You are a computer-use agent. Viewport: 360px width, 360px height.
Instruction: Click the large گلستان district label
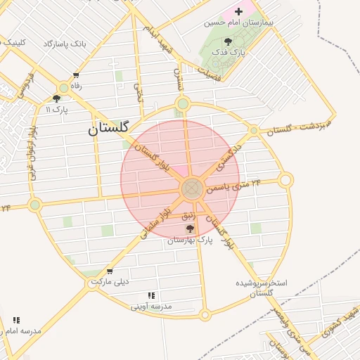pyautogui.click(x=109, y=129)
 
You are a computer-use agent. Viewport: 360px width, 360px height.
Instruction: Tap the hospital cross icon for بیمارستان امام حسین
pyautogui.click(x=239, y=11)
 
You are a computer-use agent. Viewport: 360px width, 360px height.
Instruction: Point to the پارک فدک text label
pyautogui.click(x=229, y=52)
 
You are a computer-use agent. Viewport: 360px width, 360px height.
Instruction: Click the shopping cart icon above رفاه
pyautogui.click(x=76, y=76)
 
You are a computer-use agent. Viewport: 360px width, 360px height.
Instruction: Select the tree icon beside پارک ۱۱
pyautogui.click(x=56, y=99)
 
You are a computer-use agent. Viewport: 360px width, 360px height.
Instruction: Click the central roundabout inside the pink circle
pyautogui.click(x=192, y=188)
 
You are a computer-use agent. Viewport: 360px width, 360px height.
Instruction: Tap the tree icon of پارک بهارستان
pyautogui.click(x=189, y=229)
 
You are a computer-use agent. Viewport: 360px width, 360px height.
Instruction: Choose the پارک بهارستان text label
pyautogui.click(x=190, y=240)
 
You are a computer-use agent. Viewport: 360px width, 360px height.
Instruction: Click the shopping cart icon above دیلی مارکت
pyautogui.click(x=109, y=271)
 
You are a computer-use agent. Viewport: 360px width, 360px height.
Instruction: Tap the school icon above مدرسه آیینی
pyautogui.click(x=151, y=296)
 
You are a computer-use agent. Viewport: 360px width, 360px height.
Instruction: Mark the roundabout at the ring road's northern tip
pyautogui.click(x=183, y=104)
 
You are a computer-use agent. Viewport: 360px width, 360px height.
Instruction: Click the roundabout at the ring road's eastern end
pyautogui.click(x=285, y=180)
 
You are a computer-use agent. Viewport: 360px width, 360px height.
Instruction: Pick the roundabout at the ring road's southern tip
pyautogui.click(x=205, y=315)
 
